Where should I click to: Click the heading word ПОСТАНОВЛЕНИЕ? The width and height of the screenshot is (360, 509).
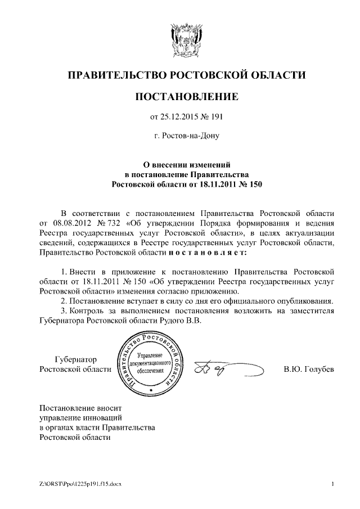pos(187,97)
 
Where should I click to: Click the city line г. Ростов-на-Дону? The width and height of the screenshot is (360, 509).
pos(187,136)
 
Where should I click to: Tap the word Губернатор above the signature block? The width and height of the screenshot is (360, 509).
pos(76,359)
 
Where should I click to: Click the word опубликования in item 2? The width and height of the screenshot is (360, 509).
pos(303,301)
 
